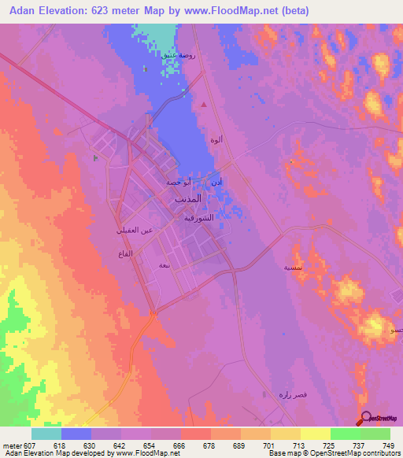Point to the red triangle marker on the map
pos(205,104)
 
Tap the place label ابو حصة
pos(178,182)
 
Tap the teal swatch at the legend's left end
pos(46,434)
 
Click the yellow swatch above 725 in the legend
pos(315,434)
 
